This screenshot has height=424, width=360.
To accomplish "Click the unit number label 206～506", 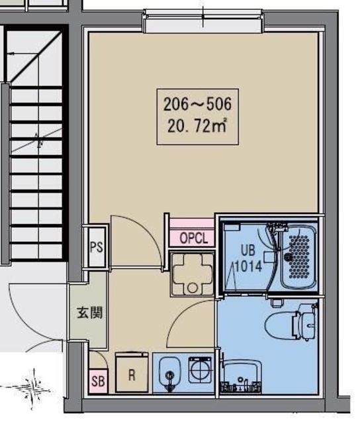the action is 197,105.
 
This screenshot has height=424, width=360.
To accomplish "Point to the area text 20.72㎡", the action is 197,126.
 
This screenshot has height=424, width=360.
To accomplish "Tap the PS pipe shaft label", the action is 97,247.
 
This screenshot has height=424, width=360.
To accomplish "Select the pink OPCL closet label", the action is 194,238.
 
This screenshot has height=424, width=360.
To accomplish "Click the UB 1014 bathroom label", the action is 248,258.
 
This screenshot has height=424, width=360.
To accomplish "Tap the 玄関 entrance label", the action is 89,313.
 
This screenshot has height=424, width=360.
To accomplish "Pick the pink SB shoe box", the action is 98,381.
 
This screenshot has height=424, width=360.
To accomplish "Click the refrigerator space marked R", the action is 132,372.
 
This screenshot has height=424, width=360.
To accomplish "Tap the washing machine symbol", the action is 200,370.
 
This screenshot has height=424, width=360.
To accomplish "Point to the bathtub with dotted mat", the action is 298,256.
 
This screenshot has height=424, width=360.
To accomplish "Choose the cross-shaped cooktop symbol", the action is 193,274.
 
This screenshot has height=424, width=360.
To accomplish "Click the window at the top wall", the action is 203,22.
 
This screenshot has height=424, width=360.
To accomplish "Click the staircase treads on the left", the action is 36,173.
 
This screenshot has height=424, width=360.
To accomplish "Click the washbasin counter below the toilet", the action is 241,376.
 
